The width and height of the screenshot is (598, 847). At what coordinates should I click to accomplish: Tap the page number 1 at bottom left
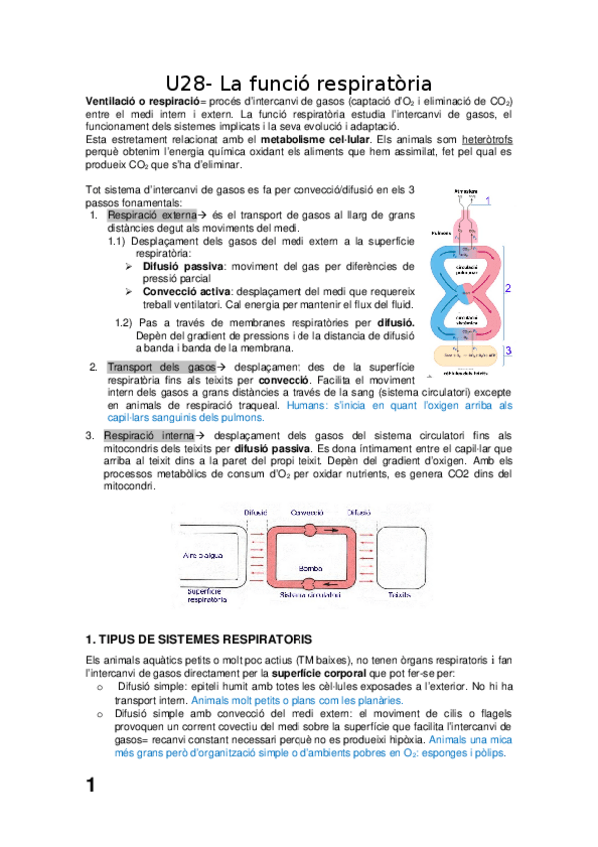(x=90, y=786)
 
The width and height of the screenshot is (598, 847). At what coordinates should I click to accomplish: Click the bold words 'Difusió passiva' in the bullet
(x=183, y=267)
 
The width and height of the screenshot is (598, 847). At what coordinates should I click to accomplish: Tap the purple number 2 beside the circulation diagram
(x=508, y=288)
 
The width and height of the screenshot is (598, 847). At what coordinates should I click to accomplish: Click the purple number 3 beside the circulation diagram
(x=508, y=351)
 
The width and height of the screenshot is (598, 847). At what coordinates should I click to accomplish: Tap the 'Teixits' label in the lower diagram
(x=401, y=594)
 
